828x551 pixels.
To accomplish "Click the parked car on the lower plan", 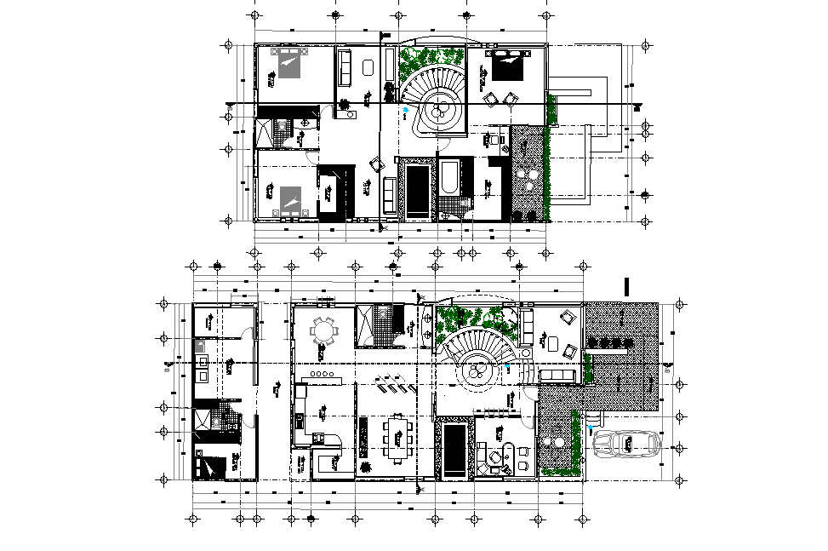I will click(624, 444).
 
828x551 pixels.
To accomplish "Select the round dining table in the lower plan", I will click(324, 330).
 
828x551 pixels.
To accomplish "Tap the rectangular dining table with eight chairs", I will click(398, 435).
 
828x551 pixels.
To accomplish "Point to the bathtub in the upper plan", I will click(449, 177).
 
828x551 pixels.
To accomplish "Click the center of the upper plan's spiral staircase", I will click(440, 109).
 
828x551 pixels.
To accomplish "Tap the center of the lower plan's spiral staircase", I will click(476, 371).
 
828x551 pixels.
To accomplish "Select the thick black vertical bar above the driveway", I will click(627, 287).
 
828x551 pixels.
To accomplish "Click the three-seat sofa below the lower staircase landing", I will click(558, 376).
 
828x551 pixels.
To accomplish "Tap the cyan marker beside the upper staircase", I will click(406, 110).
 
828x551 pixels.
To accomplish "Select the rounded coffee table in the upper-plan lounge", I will click(368, 67).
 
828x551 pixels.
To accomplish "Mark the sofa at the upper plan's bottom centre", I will click(390, 196).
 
